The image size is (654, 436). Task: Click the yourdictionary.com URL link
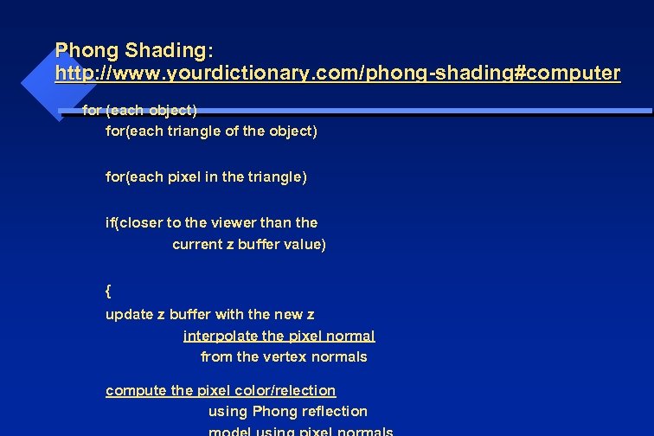(337, 74)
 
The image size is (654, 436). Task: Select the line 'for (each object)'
(139, 110)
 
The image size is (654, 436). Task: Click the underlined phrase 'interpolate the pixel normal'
(279, 336)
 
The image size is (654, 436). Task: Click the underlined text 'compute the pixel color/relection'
(221, 390)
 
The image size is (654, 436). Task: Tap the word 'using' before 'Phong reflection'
(228, 411)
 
